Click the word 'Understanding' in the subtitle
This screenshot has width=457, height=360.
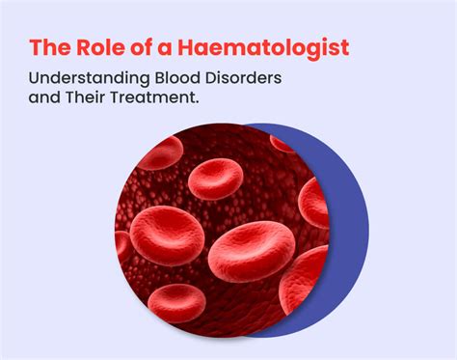(x=84, y=77)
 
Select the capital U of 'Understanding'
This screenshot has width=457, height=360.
(x=35, y=77)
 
